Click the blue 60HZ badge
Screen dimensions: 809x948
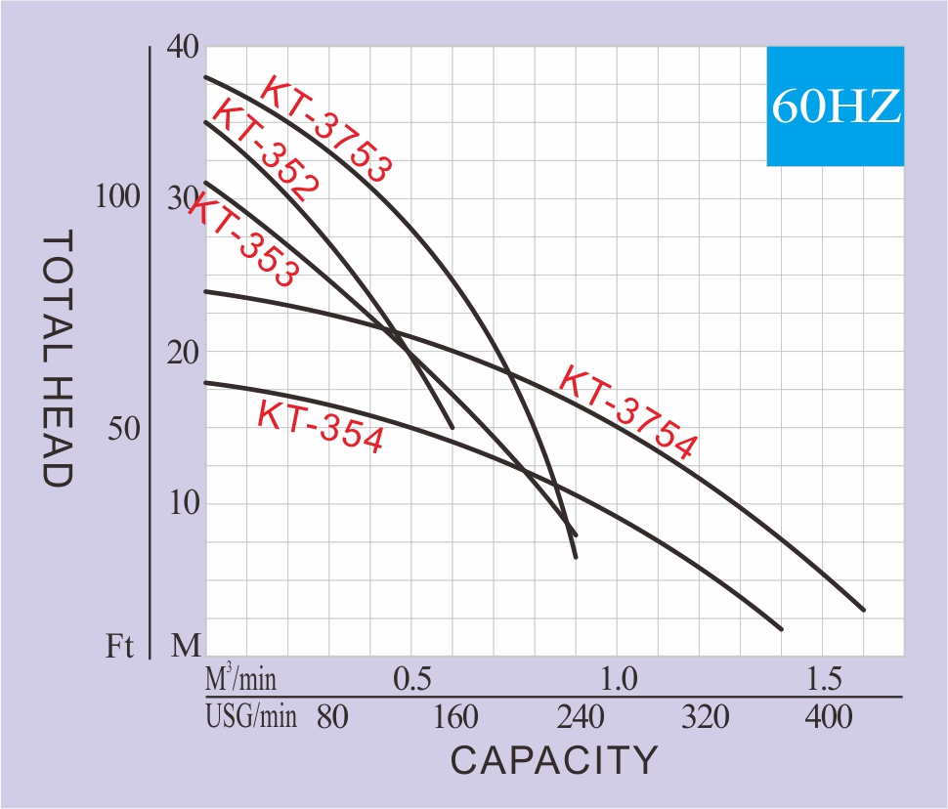click(x=836, y=106)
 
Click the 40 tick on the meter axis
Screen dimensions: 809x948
click(x=183, y=46)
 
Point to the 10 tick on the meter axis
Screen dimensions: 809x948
click(x=183, y=504)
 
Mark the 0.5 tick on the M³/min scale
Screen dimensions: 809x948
click(x=411, y=677)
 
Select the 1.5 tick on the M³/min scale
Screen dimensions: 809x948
click(x=824, y=677)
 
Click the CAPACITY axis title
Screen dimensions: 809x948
click(x=554, y=759)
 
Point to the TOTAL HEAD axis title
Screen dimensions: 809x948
click(x=59, y=359)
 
